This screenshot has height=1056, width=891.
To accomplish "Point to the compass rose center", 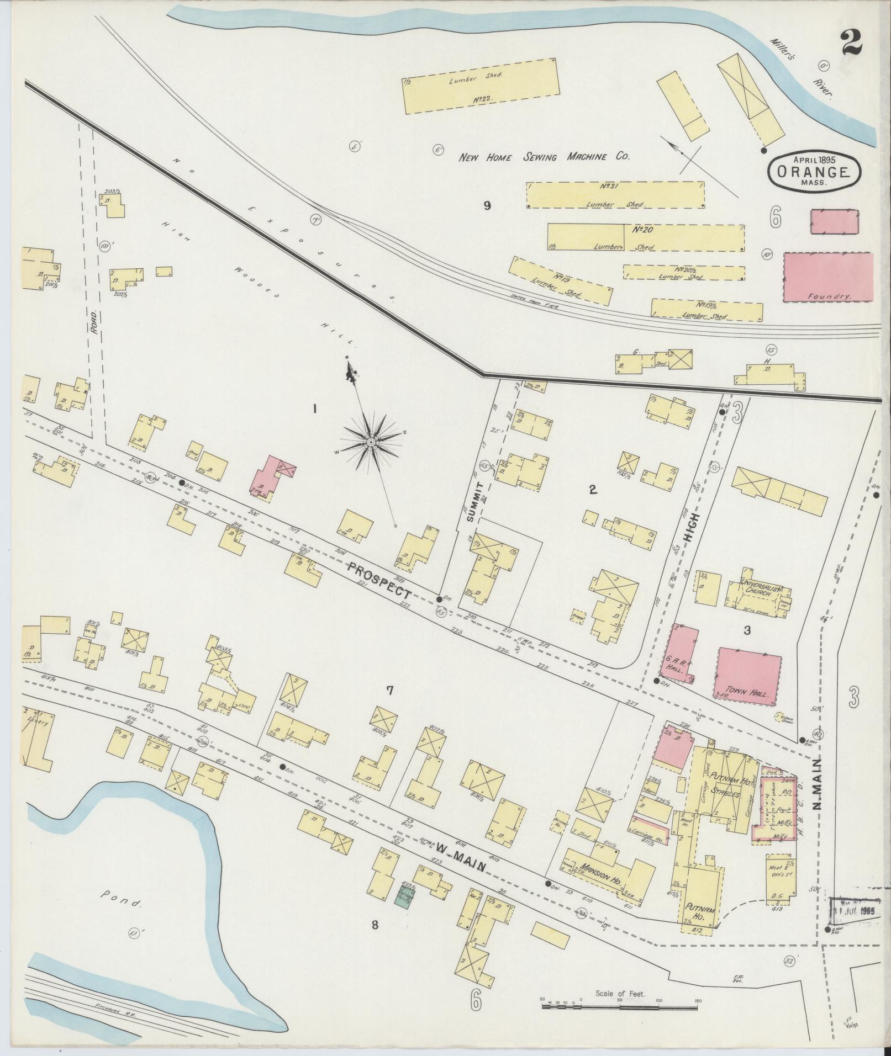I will (x=371, y=443).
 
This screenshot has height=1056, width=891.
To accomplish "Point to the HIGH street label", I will (x=694, y=528).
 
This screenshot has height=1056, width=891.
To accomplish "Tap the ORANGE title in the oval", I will (x=813, y=171).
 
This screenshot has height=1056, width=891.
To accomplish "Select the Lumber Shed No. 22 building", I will (x=480, y=87).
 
